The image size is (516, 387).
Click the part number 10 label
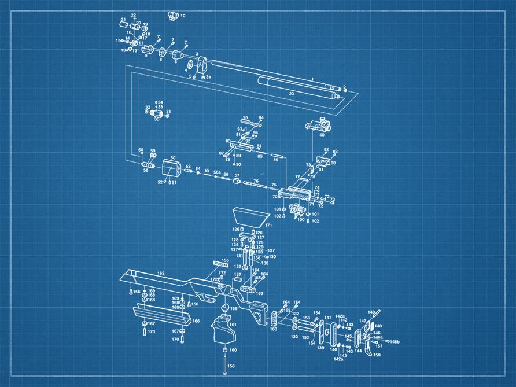(x=183, y=16)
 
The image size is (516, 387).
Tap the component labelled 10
(x=172, y=15)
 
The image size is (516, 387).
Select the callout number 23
(x=292, y=93)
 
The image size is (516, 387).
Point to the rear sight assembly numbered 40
(x=319, y=124)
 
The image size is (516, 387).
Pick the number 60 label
(x=140, y=150)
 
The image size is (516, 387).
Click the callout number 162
(x=161, y=273)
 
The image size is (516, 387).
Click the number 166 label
(x=196, y=320)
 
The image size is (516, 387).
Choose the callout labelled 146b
(x=395, y=342)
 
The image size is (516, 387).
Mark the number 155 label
(x=225, y=260)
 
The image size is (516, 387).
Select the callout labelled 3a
(x=208, y=76)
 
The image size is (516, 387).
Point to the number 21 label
(x=123, y=19)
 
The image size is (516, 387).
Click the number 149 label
(x=371, y=312)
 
